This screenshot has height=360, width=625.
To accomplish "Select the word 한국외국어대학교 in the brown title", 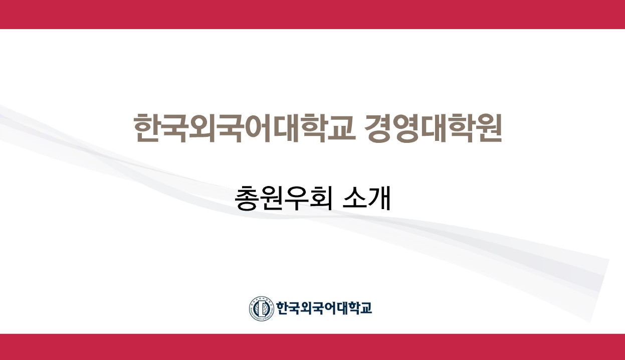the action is (245, 128).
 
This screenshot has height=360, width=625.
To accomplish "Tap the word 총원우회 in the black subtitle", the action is (283, 199).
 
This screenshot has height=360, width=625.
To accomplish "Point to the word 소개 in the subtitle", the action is (366, 199).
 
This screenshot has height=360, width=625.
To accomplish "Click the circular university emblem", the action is (262, 308).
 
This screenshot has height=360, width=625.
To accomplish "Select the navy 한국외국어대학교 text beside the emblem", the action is (324, 308).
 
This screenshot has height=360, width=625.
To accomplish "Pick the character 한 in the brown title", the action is (147, 128).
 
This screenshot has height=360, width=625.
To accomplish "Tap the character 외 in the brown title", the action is (202, 128).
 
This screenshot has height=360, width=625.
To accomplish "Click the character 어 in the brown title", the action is (259, 128).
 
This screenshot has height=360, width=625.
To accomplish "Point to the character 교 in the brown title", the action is (342, 128).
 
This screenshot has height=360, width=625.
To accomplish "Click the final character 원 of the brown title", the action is (489, 128).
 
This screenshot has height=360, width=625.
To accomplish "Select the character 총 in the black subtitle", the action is (246, 199).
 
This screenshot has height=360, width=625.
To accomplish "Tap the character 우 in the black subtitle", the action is (296, 199).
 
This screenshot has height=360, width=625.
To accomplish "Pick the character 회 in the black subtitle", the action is (321, 199).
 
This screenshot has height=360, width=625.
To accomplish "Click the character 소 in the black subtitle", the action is (354, 199).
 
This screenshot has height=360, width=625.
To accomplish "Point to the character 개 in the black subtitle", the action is (379, 199).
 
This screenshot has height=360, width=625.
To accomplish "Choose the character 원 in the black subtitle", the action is (271, 199).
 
